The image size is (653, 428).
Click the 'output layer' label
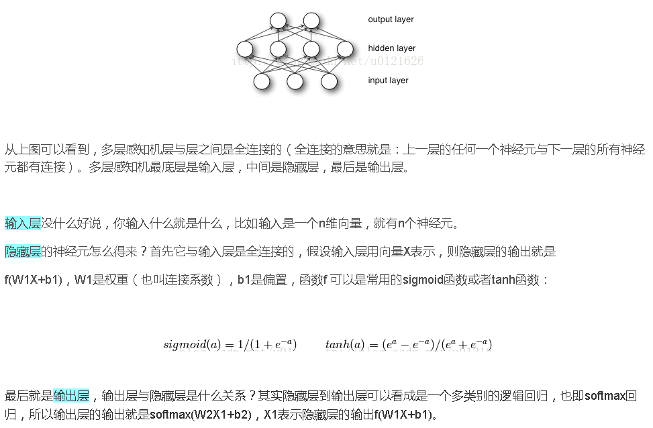(391, 19)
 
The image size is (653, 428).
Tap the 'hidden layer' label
(391, 48)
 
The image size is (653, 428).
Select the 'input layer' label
(388, 81)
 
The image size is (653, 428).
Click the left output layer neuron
(278, 20)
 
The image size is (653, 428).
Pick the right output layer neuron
(311, 20)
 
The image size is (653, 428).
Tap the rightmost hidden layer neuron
(345, 49)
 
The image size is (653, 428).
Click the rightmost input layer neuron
(328, 81)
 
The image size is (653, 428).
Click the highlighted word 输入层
(23, 223)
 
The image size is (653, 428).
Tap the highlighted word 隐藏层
(23, 252)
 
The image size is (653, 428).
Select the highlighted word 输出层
(71, 396)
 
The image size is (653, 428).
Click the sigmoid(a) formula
(230, 345)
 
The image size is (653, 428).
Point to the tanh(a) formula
(408, 345)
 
